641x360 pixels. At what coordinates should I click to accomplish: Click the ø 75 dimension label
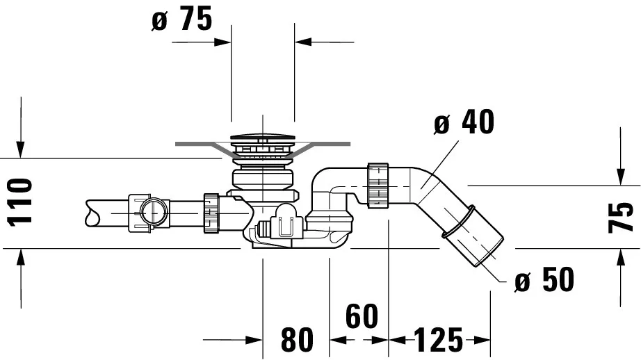pos(182,20)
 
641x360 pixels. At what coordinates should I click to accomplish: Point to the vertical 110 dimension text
pos(21,202)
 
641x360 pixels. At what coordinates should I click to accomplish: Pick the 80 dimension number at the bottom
pos(297,341)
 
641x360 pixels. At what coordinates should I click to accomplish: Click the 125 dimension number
pos(438,341)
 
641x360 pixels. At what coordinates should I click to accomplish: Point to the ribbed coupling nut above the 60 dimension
pos(376,185)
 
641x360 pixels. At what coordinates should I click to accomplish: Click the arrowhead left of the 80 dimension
pos(253,341)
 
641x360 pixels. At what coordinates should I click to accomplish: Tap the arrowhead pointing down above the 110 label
pos(21,148)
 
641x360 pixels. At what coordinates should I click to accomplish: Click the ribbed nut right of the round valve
pos(210,213)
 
